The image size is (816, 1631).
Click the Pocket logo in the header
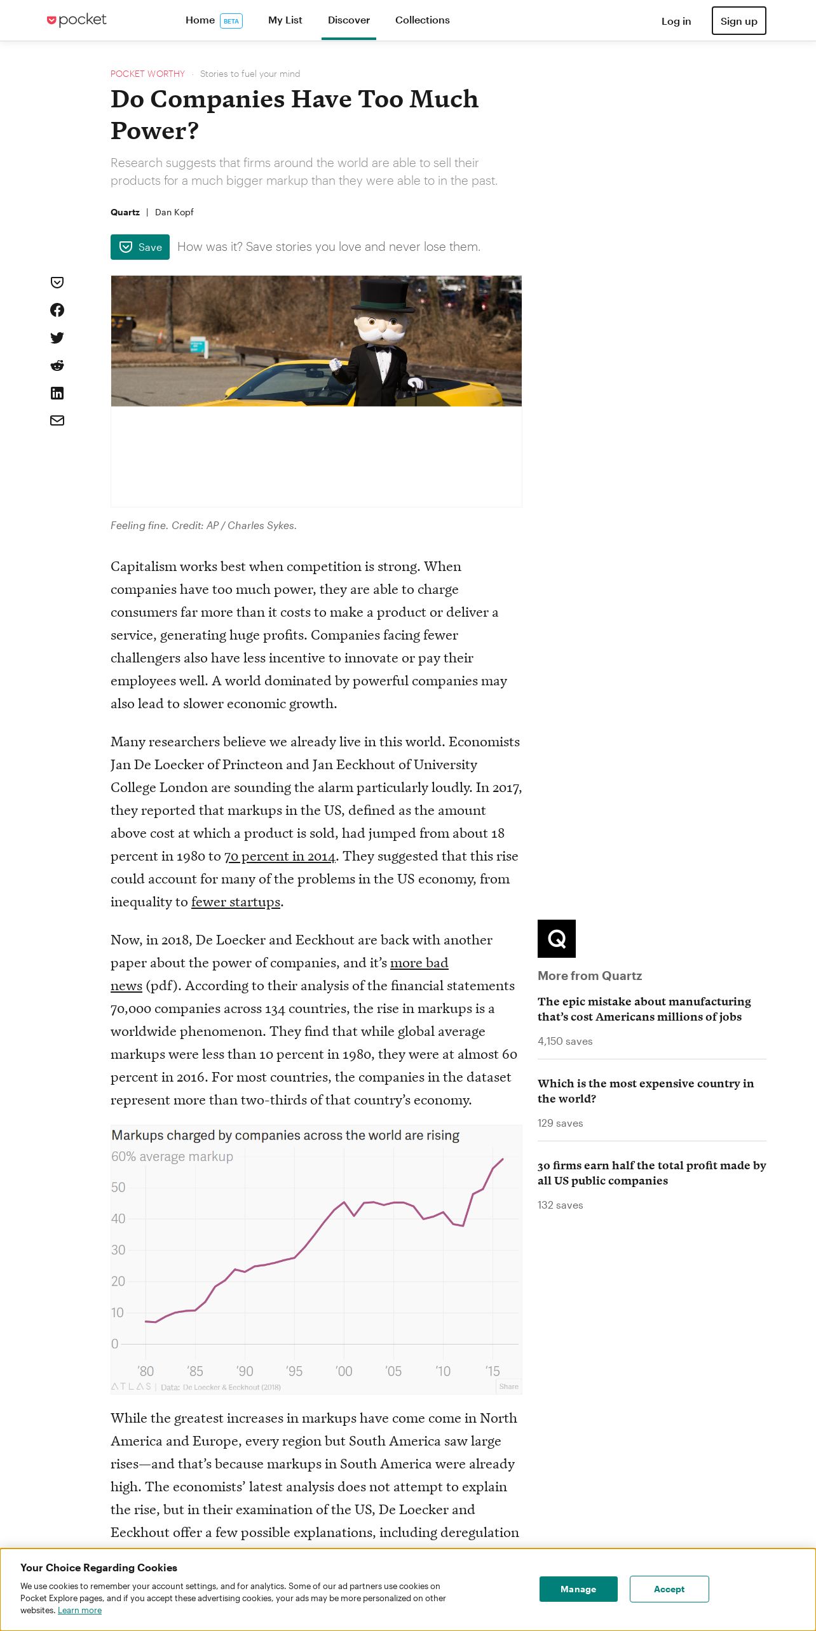(77, 20)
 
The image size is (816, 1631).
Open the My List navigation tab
(285, 20)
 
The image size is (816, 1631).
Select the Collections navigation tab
(422, 20)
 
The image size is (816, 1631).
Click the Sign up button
(738, 21)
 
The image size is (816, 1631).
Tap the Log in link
(676, 21)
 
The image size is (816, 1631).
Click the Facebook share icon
(57, 310)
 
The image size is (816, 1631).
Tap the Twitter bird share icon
(57, 338)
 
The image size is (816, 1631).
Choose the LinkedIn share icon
(57, 393)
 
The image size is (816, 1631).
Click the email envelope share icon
(57, 420)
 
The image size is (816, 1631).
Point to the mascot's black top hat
(383, 295)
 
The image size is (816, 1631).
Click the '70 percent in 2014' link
(280, 856)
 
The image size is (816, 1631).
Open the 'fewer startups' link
(236, 902)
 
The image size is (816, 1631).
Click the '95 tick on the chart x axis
(294, 1371)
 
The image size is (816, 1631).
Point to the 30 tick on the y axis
(118, 1250)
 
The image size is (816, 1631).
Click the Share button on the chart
(508, 1386)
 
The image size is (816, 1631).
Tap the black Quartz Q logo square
(557, 939)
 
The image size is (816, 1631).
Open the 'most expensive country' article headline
(645, 1091)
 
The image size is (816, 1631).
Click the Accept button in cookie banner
(669, 1589)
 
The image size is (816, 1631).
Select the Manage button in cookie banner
(578, 1589)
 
